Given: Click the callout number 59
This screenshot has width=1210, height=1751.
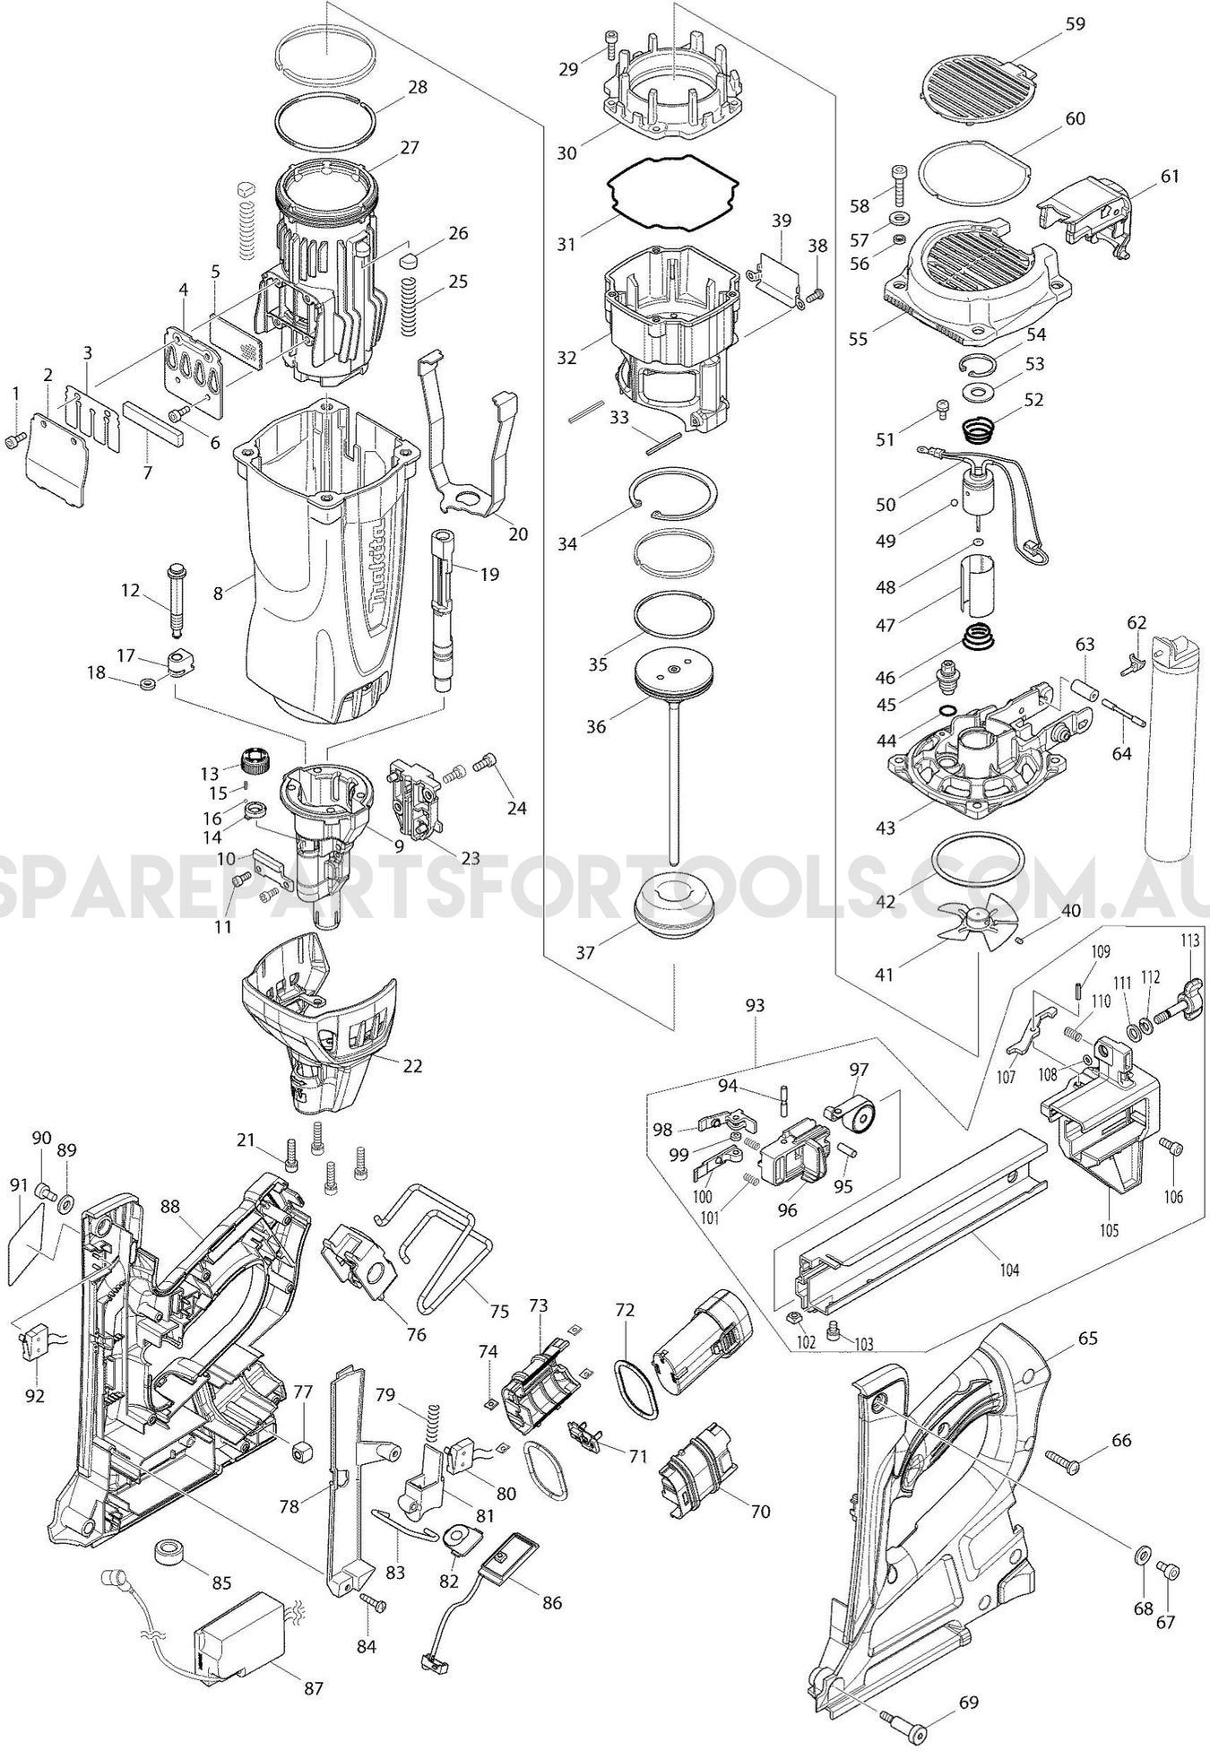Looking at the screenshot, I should click(1076, 23).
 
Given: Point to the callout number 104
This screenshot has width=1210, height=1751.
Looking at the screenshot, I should click(1011, 1270).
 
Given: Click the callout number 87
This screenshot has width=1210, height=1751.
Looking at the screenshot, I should click(313, 1688).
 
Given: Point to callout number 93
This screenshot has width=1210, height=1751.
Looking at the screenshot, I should click(755, 1005).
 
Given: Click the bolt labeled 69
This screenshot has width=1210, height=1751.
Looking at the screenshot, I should click(915, 1721).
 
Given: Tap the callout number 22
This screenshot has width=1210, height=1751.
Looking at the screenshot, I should click(412, 1066).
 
